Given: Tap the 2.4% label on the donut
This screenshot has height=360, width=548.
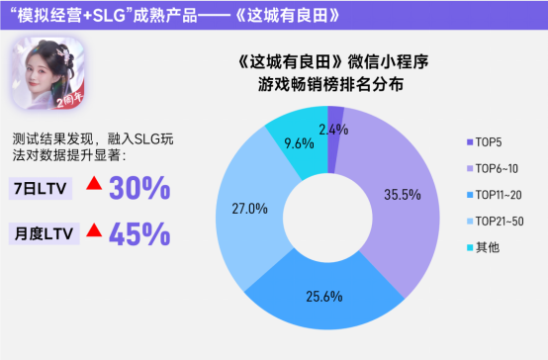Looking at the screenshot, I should point(334,130).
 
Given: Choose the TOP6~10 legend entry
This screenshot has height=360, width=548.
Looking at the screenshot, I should point(491,167).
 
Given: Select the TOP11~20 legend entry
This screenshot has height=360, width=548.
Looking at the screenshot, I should point(494,193).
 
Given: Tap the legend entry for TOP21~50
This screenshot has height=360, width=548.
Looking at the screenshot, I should point(494,219).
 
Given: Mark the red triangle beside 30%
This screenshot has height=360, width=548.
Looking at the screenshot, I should point(94,185).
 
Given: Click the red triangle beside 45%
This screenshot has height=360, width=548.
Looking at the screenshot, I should point(94,230).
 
